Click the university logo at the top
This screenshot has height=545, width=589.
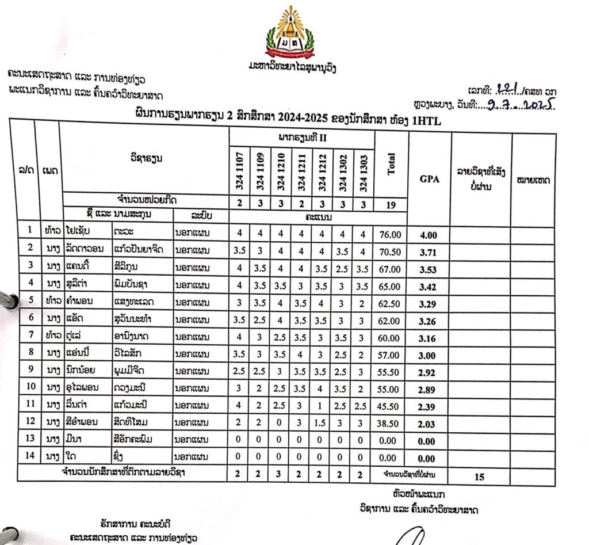[x=289, y=33]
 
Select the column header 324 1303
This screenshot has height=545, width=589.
[x=363, y=171]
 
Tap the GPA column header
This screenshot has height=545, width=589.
[x=428, y=179]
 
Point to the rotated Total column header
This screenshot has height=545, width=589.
[x=391, y=165]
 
